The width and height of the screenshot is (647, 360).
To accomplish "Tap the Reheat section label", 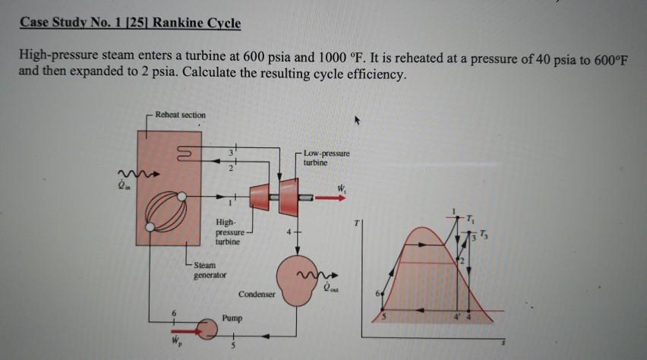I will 179,115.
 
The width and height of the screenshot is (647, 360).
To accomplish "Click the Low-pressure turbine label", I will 327,157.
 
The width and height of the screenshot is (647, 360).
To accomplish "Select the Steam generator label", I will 209,270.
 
